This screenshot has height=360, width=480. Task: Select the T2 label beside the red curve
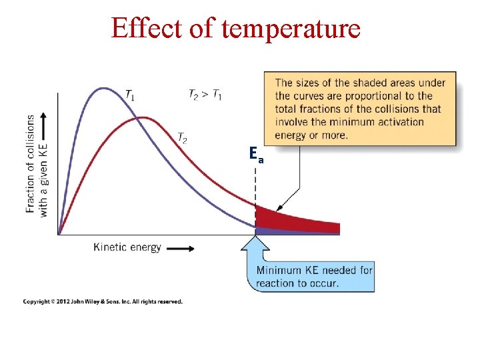click(182, 138)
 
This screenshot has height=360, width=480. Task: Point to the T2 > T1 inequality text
click(205, 95)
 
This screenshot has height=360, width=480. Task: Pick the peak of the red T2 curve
click(142, 118)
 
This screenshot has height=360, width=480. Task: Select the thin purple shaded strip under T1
click(293, 231)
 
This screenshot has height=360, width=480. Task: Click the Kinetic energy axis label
click(127, 247)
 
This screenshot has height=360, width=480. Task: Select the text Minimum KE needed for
click(314, 271)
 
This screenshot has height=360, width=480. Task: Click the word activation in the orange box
click(397, 122)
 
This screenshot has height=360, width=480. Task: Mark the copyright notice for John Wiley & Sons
click(103, 302)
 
